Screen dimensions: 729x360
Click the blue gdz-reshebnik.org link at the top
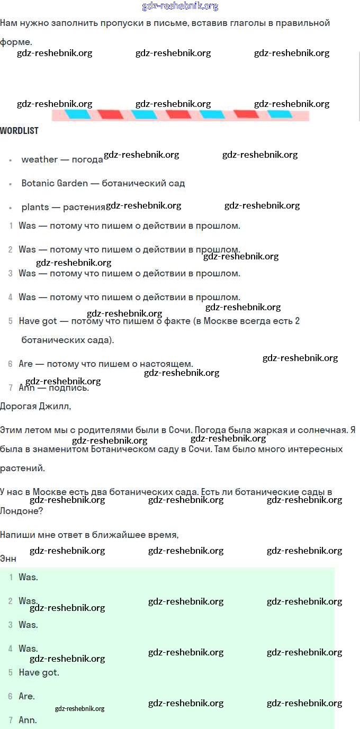180,6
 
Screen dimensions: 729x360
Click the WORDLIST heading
19,131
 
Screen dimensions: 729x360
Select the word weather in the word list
40,159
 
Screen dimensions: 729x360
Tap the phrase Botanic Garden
55,183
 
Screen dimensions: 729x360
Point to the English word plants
35,207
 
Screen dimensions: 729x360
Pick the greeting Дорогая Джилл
35,406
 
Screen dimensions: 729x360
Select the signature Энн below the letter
8,559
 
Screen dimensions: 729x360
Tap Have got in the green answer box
39,672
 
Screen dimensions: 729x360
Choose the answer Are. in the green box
26,696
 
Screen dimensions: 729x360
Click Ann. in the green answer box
28,720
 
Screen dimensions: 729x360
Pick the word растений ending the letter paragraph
22,468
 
